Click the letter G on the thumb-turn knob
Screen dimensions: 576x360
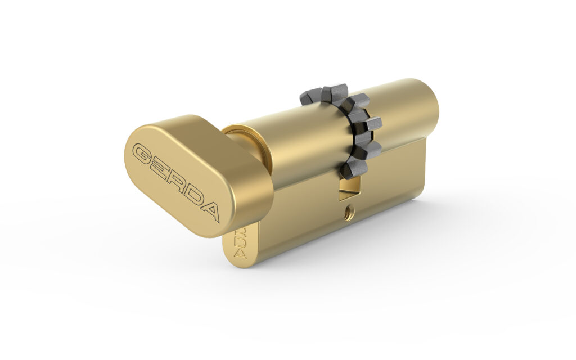point(145,153)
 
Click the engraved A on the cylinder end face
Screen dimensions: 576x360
point(241,254)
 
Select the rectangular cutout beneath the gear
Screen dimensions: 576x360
point(349,188)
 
